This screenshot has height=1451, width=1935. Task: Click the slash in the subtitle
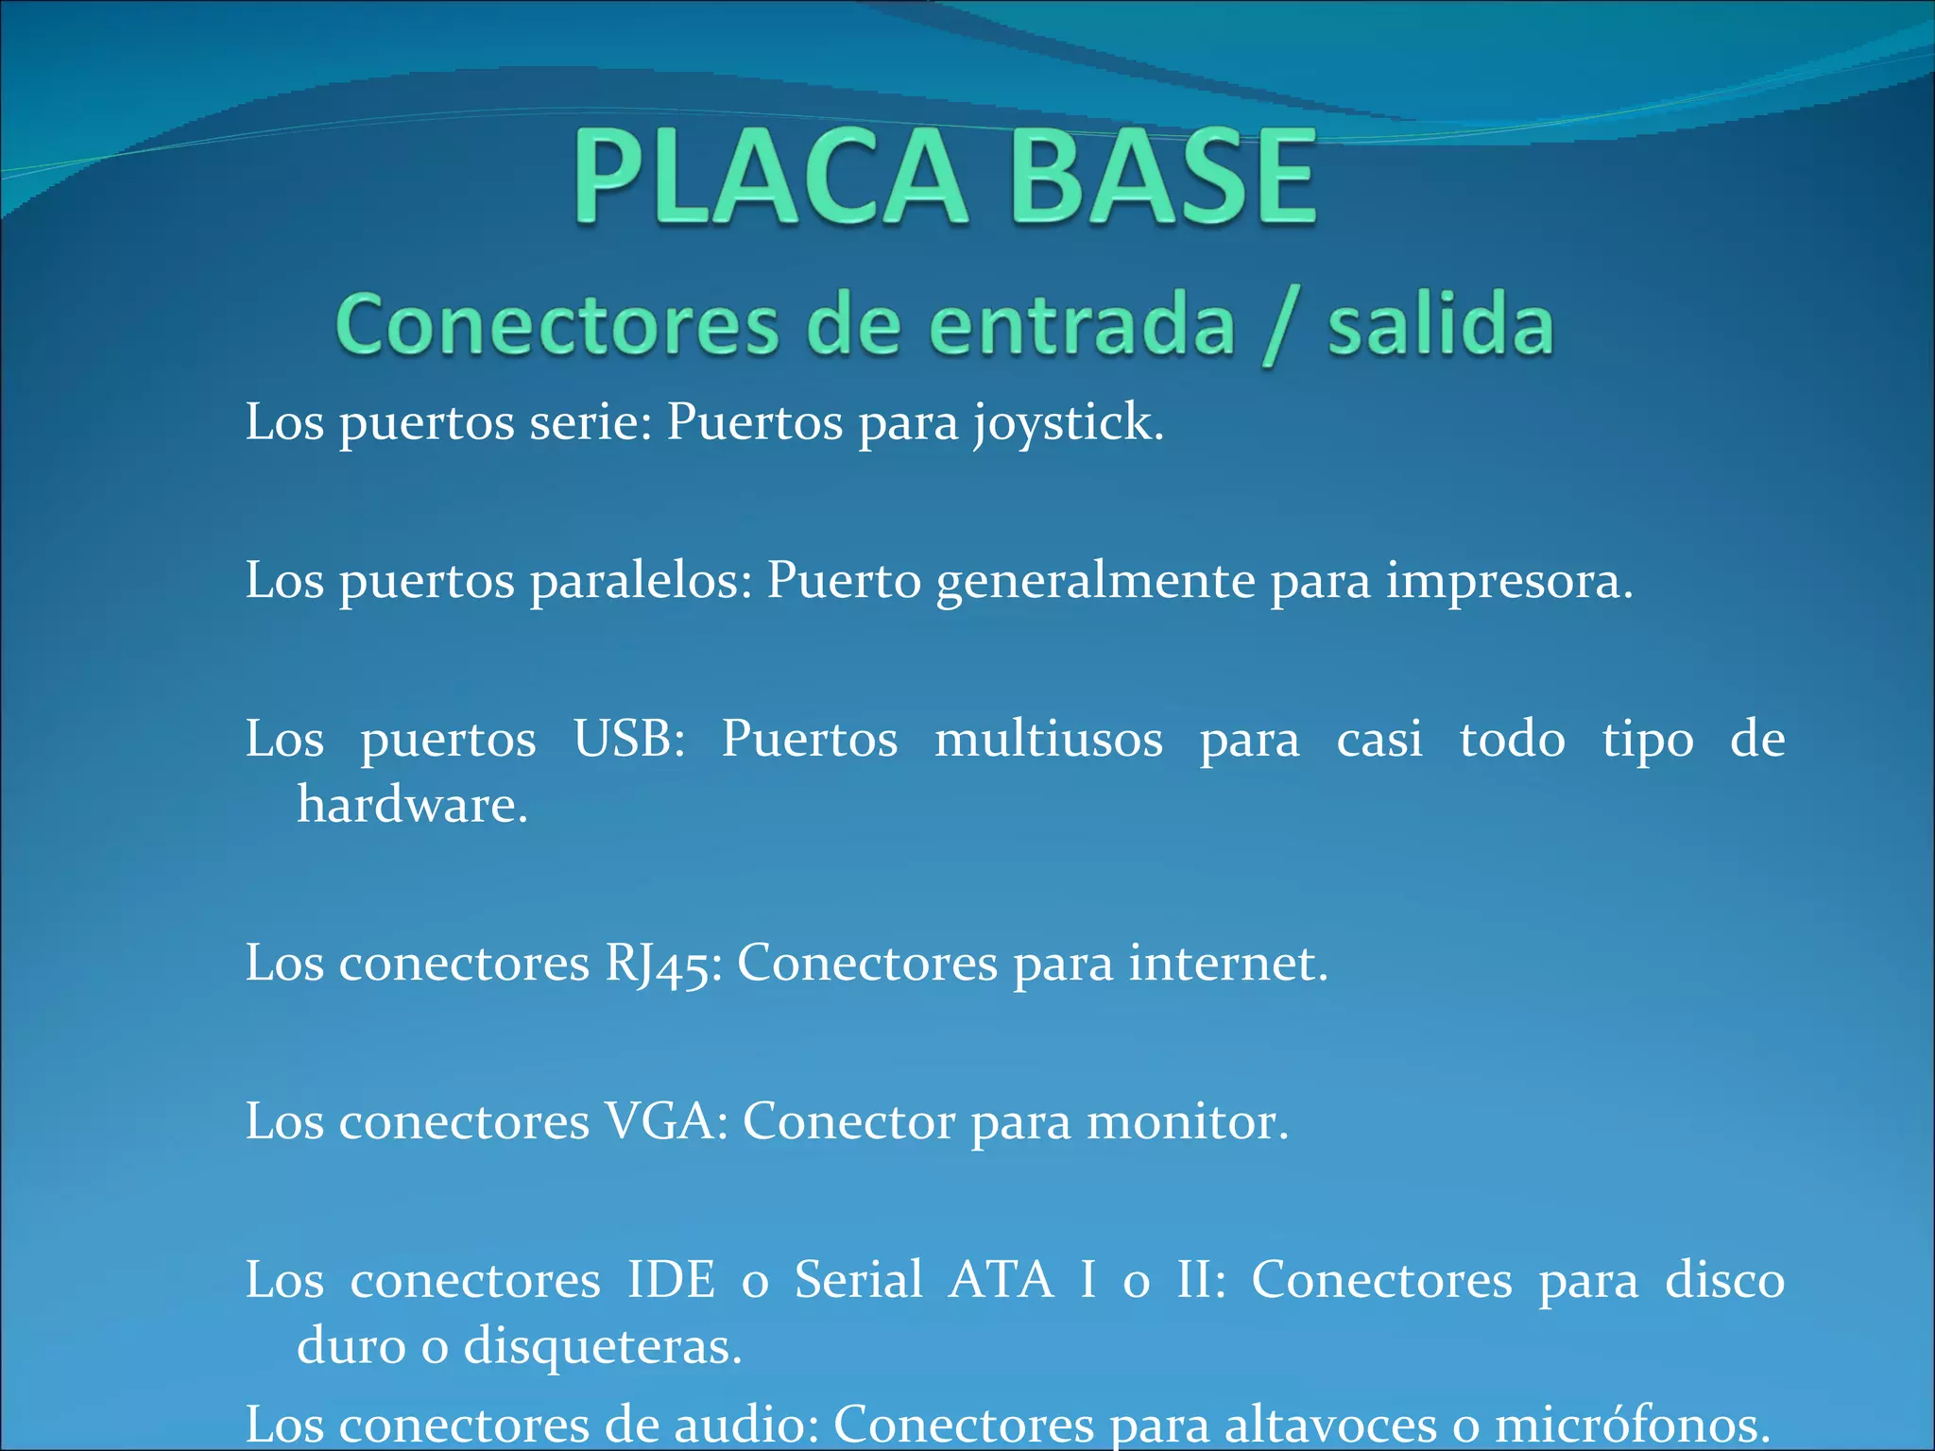point(1280,328)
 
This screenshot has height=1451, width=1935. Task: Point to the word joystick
point(1068,422)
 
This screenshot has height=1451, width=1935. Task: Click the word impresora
point(1509,581)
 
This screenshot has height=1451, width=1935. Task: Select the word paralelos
point(641,580)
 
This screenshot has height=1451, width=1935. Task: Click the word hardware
point(412,805)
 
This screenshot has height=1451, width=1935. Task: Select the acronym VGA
point(666,1122)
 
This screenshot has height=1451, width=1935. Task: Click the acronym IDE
point(672,1280)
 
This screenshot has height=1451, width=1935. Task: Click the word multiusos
point(1049,738)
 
